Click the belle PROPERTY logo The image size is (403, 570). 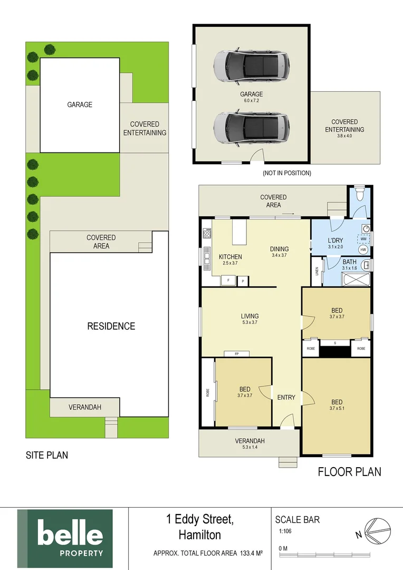coord(65,539)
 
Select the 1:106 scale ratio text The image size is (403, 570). coord(285,532)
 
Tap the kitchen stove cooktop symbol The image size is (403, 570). coord(207,233)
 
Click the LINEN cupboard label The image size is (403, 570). coord(317,271)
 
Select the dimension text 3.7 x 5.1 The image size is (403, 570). coord(336,408)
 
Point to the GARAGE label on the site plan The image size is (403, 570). coord(80,104)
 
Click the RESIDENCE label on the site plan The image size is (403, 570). coord(111,326)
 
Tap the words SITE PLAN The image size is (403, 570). coord(47,455)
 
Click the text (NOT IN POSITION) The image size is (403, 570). coord(286,173)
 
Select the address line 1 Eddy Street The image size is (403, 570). coord(199,520)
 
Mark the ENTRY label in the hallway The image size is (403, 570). coord(286,397)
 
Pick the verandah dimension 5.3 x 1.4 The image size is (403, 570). coord(250,448)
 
